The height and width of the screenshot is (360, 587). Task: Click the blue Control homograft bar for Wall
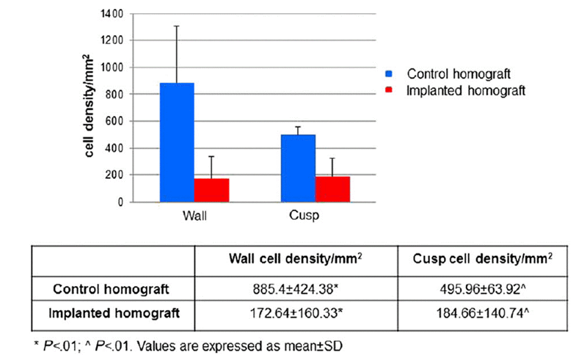176,142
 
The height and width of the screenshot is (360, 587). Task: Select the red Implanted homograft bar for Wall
211,190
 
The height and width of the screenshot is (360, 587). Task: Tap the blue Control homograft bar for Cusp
297,168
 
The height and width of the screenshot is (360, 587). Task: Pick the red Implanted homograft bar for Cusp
332,189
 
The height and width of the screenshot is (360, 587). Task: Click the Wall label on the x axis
193,217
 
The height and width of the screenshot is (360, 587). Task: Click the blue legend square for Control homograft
389,74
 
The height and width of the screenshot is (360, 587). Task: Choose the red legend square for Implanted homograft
389,91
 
